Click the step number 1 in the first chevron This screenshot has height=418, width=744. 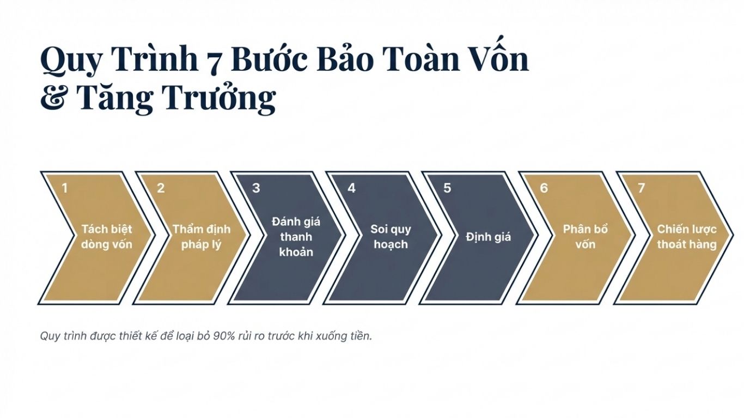pos(65,188)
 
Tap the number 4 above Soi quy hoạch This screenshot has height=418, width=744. pos(352,188)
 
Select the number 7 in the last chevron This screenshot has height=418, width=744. pos(641,188)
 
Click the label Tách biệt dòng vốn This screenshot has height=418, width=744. pos(107,236)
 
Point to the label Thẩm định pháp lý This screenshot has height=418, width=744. pos(202,236)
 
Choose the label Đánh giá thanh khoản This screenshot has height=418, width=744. pos(296,237)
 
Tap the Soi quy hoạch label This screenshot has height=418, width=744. pos(391,236)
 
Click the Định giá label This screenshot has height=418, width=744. pos(489,237)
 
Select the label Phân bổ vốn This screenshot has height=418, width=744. pos(586,236)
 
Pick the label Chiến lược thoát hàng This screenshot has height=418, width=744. pos(686,236)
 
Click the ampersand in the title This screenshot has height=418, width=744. pos(52,98)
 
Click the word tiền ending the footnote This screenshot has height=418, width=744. pos(360,336)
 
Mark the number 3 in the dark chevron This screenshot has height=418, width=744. pos(256,188)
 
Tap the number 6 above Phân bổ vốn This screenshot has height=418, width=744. pos(544,188)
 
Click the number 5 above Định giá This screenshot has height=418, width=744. pos(447,188)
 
